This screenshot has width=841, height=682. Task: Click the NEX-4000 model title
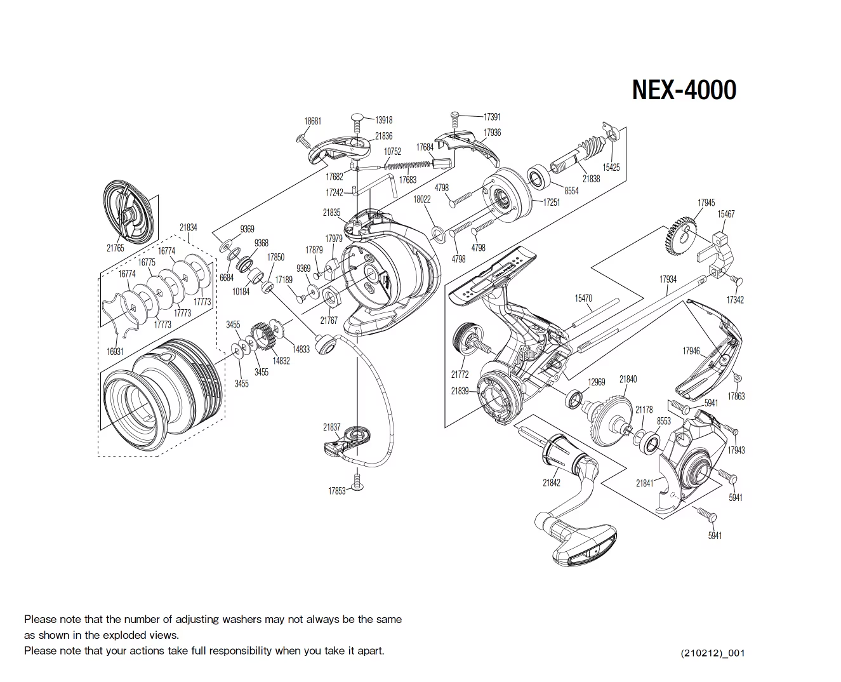(x=684, y=90)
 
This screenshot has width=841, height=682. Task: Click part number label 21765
(x=115, y=248)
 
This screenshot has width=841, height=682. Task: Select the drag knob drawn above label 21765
(x=130, y=212)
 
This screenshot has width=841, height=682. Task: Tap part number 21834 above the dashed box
(x=188, y=227)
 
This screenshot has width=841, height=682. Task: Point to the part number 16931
(x=114, y=351)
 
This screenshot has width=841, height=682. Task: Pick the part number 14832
(x=281, y=361)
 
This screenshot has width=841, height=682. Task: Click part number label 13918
(x=383, y=120)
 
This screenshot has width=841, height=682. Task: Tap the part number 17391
(x=492, y=117)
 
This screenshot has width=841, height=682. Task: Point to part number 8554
(x=571, y=191)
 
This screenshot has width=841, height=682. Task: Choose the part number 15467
(x=725, y=214)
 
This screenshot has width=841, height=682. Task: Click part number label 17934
(x=668, y=279)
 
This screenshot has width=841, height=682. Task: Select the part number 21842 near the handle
(x=551, y=483)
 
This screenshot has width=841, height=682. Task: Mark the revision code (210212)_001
(x=712, y=653)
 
